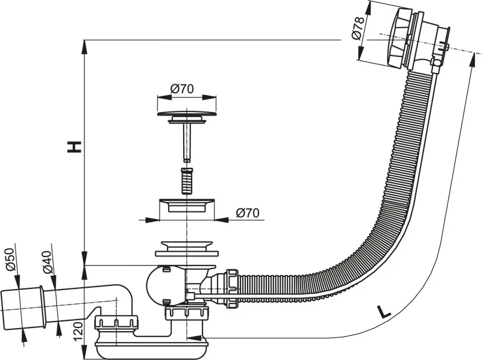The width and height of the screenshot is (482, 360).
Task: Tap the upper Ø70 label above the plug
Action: (x=181, y=88)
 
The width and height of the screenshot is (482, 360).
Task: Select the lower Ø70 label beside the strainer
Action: (x=248, y=212)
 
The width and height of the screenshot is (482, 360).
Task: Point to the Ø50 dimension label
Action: (x=11, y=258)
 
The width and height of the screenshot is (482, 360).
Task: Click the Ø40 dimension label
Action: (x=48, y=260)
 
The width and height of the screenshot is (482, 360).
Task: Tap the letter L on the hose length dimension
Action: (x=381, y=312)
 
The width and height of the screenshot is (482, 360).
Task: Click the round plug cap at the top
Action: (x=187, y=113)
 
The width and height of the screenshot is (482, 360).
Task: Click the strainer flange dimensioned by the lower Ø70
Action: (x=186, y=205)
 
